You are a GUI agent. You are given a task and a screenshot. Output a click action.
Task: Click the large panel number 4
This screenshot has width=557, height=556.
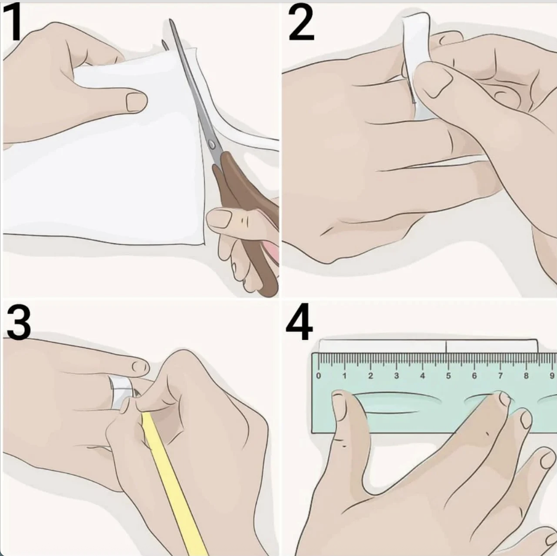point(299,322)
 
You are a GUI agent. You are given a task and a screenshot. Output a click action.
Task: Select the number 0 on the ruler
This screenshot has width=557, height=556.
point(318,376)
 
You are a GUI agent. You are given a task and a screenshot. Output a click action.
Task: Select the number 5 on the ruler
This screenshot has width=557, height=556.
point(448,376)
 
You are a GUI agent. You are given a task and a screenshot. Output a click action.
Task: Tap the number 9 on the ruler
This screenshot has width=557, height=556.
point(552,376)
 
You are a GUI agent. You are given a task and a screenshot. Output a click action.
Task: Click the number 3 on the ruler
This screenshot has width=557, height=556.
point(396,376)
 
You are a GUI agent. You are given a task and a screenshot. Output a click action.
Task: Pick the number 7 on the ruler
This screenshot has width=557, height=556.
point(500,376)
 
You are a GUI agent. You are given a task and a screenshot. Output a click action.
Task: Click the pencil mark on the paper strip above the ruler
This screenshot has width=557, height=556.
point(446,346)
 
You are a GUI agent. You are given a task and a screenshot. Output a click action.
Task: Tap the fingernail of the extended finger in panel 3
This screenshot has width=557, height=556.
point(141,367)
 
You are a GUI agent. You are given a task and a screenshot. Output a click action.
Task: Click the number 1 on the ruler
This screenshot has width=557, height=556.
point(344,376)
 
